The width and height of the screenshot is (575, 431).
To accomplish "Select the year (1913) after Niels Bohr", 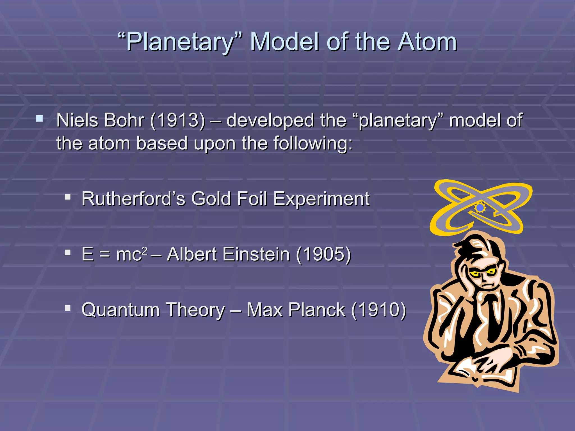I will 177,121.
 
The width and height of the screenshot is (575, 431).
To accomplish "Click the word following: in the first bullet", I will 313,144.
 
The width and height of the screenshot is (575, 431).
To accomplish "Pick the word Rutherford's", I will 133,199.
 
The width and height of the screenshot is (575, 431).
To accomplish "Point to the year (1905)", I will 323,254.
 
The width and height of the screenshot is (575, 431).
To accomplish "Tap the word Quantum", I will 120,310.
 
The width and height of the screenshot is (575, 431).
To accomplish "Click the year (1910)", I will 378,310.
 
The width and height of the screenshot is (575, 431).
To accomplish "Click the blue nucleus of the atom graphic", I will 480,208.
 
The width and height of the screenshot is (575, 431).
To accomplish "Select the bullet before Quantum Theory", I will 67,308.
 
